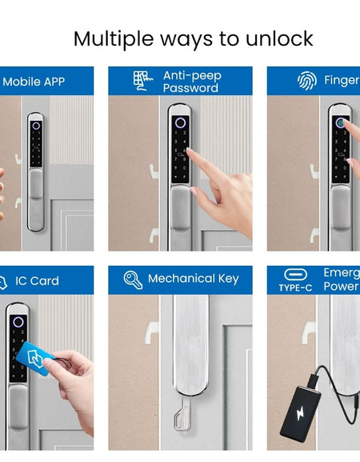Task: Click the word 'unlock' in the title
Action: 275,38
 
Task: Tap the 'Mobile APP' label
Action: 34,81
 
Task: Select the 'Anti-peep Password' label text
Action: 192,81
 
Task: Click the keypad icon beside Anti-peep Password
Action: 143,81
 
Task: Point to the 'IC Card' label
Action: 38,281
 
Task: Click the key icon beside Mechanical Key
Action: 133,279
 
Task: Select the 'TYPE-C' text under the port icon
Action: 295,287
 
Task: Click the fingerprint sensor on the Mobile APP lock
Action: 36,126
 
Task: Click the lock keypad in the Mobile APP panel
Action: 36,149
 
